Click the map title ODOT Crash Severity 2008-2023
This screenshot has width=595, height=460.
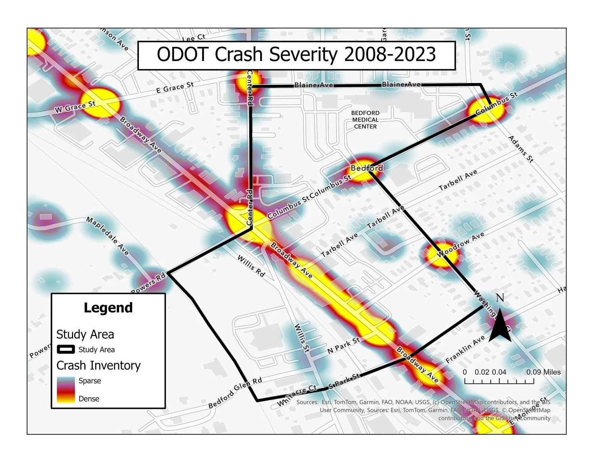tap(296, 55)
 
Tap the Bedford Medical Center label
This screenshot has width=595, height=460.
tap(365, 120)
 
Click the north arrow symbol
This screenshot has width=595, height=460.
tap(500, 322)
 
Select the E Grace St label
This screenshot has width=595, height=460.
tap(175, 87)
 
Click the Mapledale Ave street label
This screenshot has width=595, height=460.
tap(107, 236)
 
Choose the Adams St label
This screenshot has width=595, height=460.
tap(521, 149)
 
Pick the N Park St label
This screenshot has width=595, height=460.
tap(344, 345)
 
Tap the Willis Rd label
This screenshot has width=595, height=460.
tap(251, 266)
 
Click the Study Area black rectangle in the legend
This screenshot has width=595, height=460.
tap(66, 350)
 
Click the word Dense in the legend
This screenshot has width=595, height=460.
tap(89, 399)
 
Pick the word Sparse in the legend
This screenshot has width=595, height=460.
tap(90, 381)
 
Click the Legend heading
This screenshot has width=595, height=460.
tap(108, 308)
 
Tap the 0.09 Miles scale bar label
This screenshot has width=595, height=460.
tap(543, 372)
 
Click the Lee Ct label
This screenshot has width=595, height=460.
tap(194, 38)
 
